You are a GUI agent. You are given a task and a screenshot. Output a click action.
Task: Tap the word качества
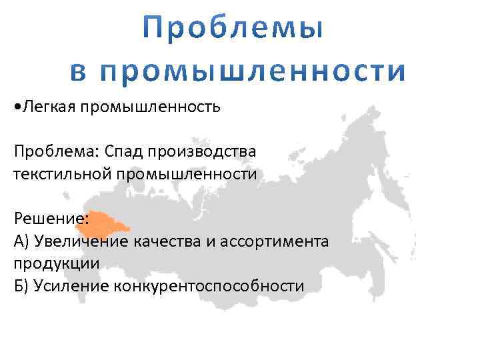[167, 241]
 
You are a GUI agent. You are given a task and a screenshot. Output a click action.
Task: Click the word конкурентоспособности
[209, 286]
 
